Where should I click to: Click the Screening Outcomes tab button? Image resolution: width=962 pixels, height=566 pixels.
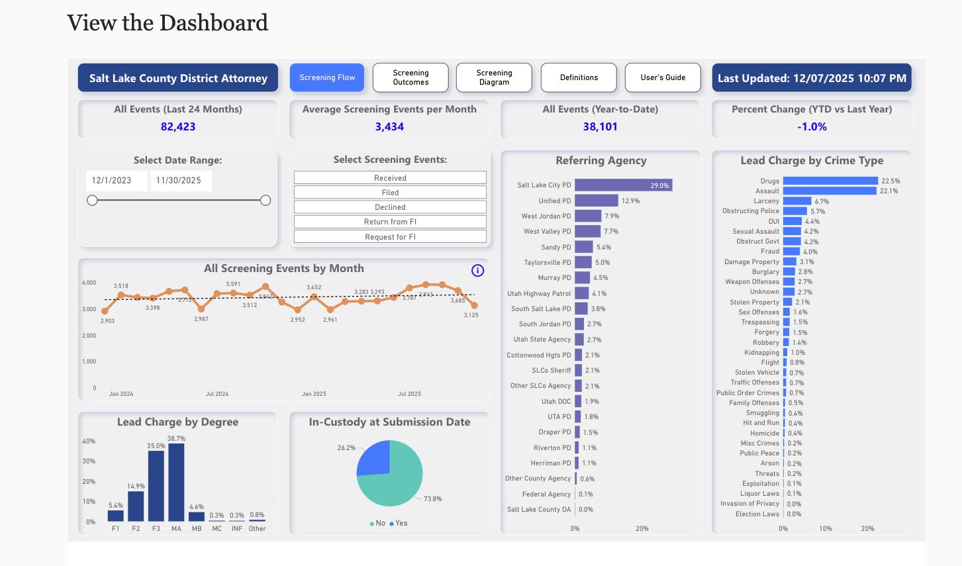410,77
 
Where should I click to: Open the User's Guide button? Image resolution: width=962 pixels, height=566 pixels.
663,77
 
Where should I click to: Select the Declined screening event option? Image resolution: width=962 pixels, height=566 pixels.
390,207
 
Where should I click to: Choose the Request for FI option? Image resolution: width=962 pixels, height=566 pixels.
390,237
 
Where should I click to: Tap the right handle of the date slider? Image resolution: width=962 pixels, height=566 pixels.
265,200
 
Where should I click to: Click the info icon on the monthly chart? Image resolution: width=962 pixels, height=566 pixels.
477,270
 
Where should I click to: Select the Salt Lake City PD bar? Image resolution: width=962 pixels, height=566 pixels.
622,185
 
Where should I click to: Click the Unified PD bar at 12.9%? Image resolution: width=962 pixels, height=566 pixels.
596,201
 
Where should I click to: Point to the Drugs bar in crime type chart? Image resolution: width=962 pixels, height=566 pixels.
830,181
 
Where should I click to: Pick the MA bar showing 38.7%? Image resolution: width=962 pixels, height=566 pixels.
176,482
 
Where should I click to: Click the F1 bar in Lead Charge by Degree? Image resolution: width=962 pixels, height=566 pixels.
116,516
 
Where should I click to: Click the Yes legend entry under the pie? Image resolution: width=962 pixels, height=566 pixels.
399,523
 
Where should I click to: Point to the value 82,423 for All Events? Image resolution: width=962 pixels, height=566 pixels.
178,126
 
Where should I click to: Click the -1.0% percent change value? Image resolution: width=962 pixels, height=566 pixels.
812,126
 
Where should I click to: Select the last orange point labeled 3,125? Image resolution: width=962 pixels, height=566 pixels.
474,305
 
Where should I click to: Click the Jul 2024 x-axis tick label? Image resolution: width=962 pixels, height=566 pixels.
217,394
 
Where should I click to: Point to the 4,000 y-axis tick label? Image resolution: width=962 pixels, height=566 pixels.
89,283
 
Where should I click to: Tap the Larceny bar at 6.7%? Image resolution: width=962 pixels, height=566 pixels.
796,201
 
